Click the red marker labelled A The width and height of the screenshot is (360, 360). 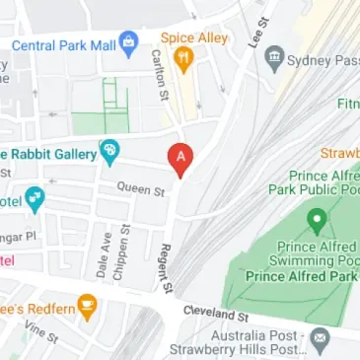point(180,156)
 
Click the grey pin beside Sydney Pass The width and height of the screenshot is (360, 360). point(275,58)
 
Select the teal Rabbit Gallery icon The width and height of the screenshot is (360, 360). point(109,152)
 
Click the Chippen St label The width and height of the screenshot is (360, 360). point(121,251)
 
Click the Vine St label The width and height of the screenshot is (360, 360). point(43,334)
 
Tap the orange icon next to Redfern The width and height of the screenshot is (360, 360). point(87,305)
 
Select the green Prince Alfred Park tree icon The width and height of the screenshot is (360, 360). point(317,217)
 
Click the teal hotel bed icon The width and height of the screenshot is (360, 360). point(35,198)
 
